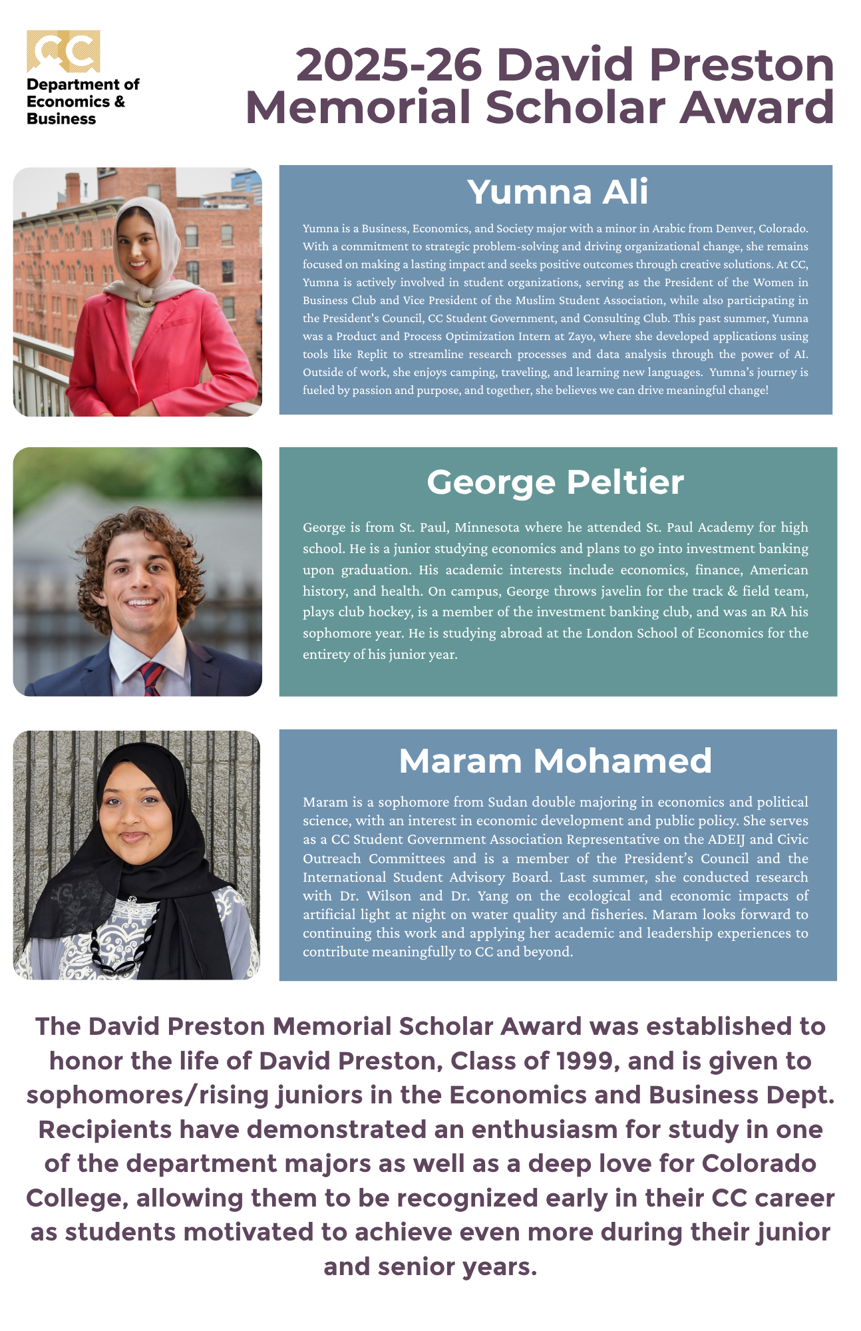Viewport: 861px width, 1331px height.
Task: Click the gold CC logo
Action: (x=63, y=51)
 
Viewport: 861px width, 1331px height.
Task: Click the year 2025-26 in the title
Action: (x=389, y=65)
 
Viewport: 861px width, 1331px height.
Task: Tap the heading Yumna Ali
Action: (x=557, y=192)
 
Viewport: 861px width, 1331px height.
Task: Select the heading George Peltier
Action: (x=555, y=482)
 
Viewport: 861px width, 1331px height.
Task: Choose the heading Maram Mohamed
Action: (x=555, y=761)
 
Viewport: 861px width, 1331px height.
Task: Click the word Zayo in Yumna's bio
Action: (x=580, y=336)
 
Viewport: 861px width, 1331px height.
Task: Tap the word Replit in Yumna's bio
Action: (x=372, y=354)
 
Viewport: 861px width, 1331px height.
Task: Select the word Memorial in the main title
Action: (x=359, y=108)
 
